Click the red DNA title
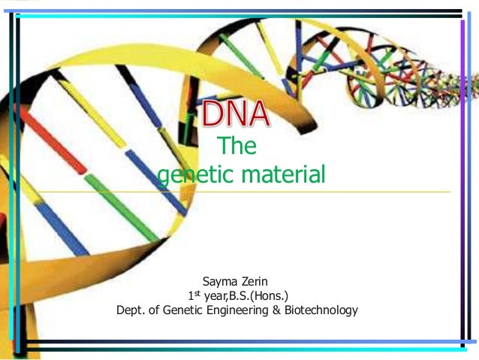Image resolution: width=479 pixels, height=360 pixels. [235, 115]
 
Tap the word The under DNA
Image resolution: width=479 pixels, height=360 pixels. [236, 147]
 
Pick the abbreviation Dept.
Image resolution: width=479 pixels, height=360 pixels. [129, 309]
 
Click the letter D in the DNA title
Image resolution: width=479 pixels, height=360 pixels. [210, 115]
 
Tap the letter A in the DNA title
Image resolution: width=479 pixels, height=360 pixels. [258, 115]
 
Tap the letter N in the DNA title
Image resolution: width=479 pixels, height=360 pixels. [234, 115]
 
